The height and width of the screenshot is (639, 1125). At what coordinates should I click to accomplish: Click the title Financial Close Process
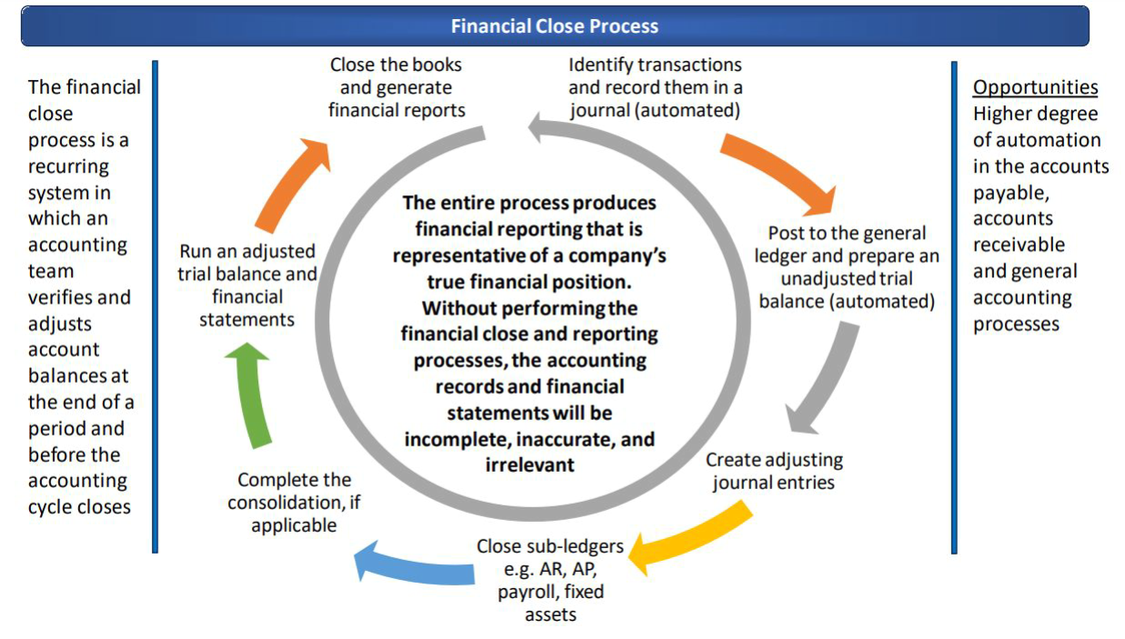coord(554,25)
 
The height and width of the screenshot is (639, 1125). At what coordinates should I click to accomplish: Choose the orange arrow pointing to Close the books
coord(289,186)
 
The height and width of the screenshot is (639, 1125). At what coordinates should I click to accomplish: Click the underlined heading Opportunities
coord(1035,87)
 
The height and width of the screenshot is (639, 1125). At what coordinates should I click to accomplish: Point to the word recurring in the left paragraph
coord(68,166)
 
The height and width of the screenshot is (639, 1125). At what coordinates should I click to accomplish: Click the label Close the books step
coord(397,87)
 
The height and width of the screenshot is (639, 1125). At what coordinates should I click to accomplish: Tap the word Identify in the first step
coord(600,65)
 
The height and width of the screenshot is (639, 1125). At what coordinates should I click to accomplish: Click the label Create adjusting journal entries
coord(774,470)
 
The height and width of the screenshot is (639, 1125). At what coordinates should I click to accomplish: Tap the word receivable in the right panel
coord(1019,245)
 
